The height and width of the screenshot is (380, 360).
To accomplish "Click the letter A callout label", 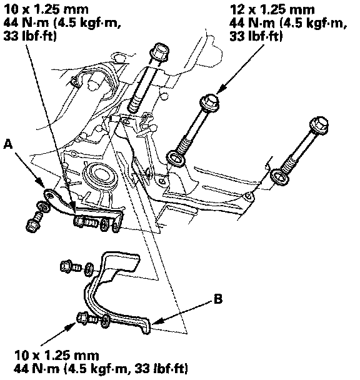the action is coord(8,144).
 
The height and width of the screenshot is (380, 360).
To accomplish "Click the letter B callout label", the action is coord(218,299).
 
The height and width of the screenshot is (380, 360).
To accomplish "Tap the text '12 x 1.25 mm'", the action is coord(272,10).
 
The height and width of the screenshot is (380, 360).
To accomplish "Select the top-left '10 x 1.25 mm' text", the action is coord(46,10).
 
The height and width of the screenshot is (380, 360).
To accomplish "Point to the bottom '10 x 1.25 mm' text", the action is coord(56,356).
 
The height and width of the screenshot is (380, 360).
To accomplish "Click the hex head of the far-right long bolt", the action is coord(319,125).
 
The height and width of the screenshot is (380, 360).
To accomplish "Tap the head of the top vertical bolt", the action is coord(159,51).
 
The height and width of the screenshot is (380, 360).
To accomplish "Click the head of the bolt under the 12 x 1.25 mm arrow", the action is coord(209,102).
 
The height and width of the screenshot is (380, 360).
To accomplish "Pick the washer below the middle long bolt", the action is coord(176,159).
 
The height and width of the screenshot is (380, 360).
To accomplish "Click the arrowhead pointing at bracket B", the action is coord(156,322).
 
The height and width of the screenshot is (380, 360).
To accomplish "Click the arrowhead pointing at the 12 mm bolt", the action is coord(219,90).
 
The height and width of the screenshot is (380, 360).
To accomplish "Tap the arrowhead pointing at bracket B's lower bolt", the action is coord(71,327).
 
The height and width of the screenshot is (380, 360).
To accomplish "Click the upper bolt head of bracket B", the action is coord(66,266).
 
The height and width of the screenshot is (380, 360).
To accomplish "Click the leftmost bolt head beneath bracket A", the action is coord(32,226).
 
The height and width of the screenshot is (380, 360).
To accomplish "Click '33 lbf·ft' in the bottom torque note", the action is coord(161,369).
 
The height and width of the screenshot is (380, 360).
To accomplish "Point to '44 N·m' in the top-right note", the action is coord(252,23).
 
